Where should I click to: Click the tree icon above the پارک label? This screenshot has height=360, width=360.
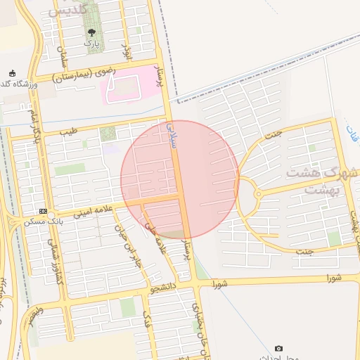91,32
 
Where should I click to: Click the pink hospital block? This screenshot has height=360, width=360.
124,88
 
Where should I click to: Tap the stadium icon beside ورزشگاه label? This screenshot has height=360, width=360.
12,73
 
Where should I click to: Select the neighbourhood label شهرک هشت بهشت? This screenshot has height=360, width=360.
320,180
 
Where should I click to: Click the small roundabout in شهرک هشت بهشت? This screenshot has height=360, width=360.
258,193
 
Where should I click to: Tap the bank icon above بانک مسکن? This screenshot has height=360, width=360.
44,212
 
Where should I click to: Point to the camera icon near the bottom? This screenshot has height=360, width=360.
279,349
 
